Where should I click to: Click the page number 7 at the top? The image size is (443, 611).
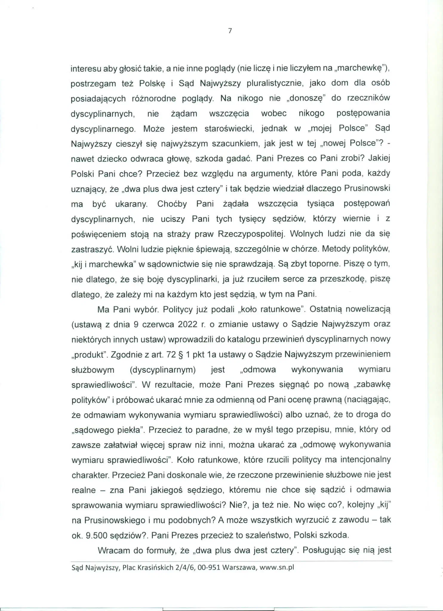pos(230,30)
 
